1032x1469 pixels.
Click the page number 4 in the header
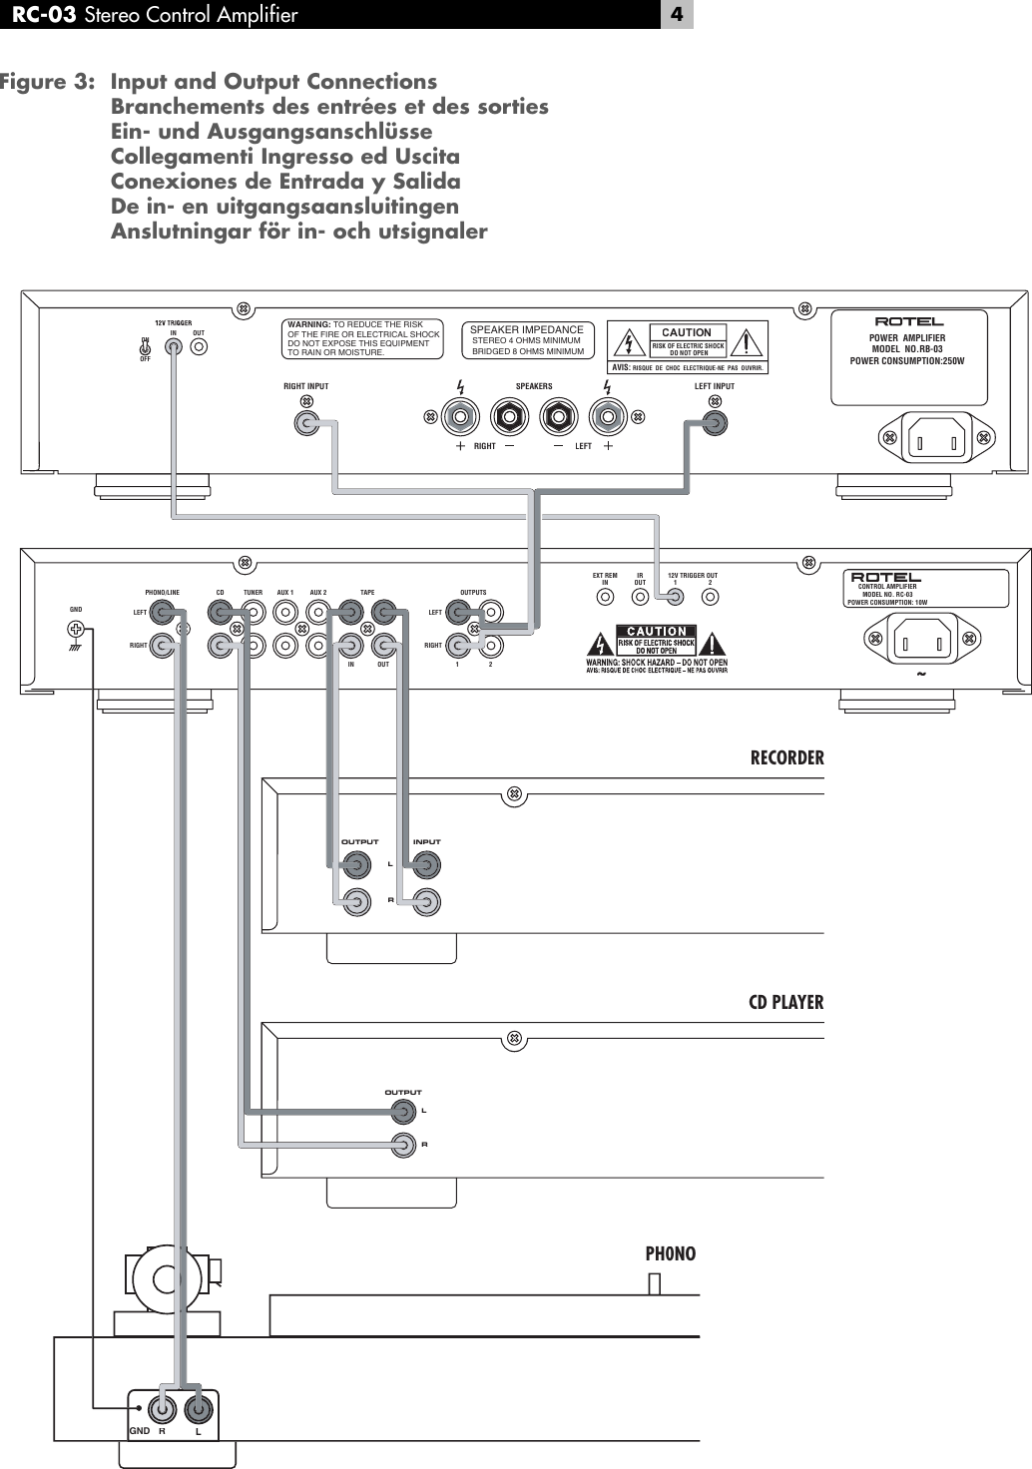click(x=676, y=14)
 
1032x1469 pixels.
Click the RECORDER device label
click(x=786, y=757)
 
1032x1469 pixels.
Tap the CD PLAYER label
click(x=785, y=1002)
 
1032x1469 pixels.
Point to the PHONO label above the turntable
click(x=670, y=1253)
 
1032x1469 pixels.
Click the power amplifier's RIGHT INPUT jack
click(x=306, y=424)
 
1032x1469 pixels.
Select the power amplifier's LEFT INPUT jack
click(x=714, y=423)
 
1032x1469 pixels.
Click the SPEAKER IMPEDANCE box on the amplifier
click(x=527, y=340)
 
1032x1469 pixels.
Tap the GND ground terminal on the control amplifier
click(x=75, y=630)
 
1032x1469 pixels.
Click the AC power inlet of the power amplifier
click(x=938, y=438)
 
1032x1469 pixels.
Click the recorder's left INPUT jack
click(x=426, y=864)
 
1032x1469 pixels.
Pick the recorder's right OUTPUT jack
click(x=355, y=902)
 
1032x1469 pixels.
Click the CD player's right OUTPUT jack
click(x=403, y=1145)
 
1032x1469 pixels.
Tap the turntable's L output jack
click(x=199, y=1408)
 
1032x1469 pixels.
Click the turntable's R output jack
click(x=161, y=1408)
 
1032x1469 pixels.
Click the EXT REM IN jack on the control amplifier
click(x=605, y=598)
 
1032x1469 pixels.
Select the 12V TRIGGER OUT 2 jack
click(x=710, y=598)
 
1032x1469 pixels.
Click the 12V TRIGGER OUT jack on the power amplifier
click(x=200, y=347)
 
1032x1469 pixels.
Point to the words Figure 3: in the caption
click(x=48, y=82)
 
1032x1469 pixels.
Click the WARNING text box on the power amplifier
click(x=362, y=339)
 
